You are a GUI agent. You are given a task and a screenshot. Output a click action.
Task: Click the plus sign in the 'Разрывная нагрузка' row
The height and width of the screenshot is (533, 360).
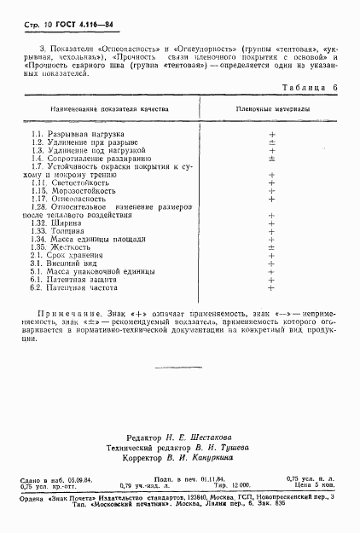[x=272, y=135]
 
